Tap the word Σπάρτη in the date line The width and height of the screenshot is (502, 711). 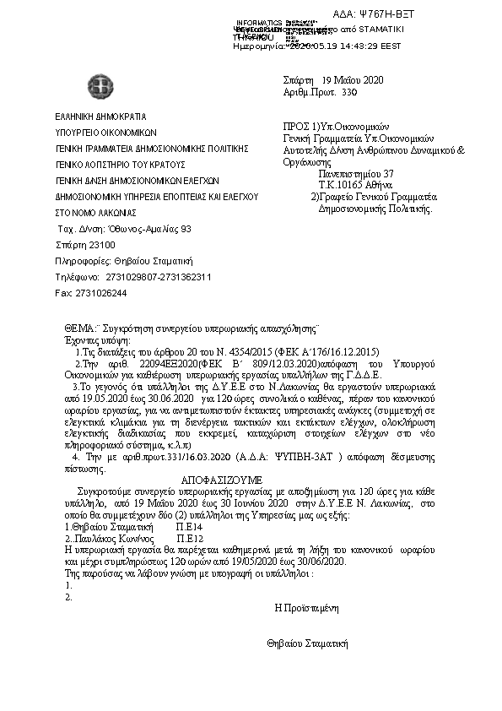click(300, 79)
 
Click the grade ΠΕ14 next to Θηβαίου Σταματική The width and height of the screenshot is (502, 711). click(188, 525)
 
